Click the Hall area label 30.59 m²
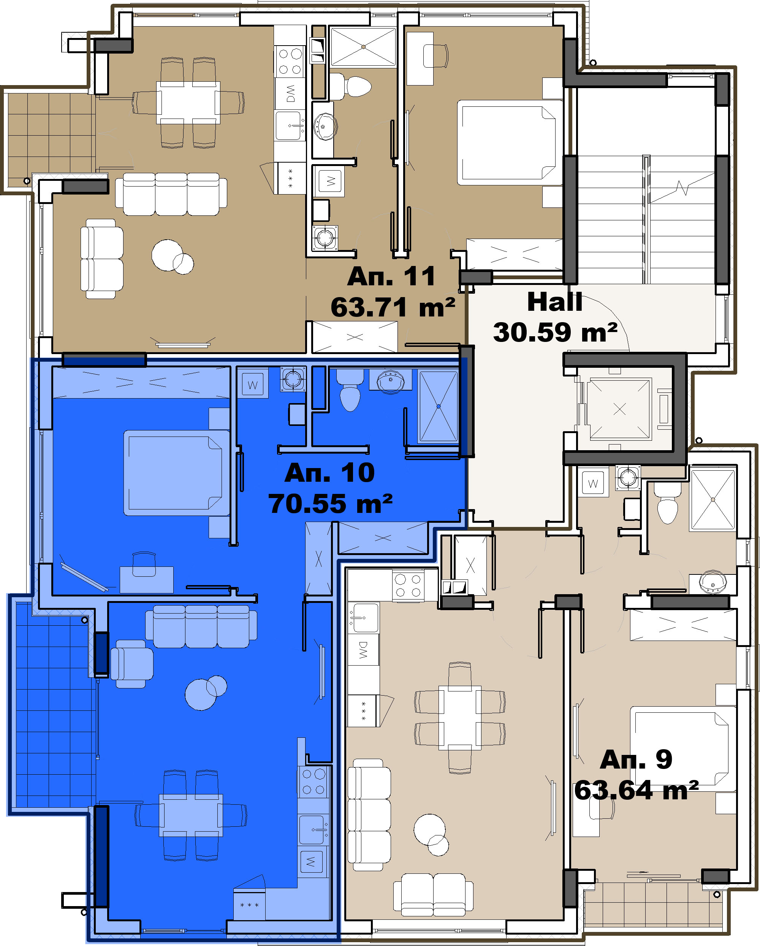555,332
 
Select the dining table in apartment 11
188,103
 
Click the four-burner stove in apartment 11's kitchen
290,61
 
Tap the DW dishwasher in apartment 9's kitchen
363,649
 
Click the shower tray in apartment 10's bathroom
439,406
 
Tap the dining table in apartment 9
460,718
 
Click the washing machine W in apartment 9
593,483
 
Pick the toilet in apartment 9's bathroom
668,504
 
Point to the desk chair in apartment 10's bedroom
144,564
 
